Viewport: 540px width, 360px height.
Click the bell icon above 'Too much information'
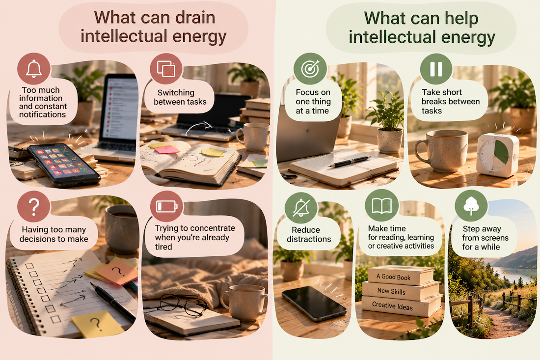[x=34, y=69]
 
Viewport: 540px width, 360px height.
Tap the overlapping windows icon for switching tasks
[x=166, y=68]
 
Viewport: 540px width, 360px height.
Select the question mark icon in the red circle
[x=33, y=206]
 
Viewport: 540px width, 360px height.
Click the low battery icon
[x=167, y=206]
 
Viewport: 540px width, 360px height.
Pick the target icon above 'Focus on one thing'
[x=310, y=69]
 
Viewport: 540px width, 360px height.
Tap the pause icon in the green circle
[x=436, y=69]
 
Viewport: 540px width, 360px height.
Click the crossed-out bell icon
[x=301, y=208]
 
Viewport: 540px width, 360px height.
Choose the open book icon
[x=381, y=206]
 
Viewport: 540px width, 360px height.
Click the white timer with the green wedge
[x=498, y=155]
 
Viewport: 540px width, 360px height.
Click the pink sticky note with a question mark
[x=116, y=272]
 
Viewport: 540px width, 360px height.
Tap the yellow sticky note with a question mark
[x=98, y=324]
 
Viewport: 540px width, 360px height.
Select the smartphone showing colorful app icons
[x=64, y=165]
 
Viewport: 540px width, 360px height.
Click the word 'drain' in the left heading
[x=195, y=17]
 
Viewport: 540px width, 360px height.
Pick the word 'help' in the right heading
[x=461, y=19]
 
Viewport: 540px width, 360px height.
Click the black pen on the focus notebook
[x=350, y=162]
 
